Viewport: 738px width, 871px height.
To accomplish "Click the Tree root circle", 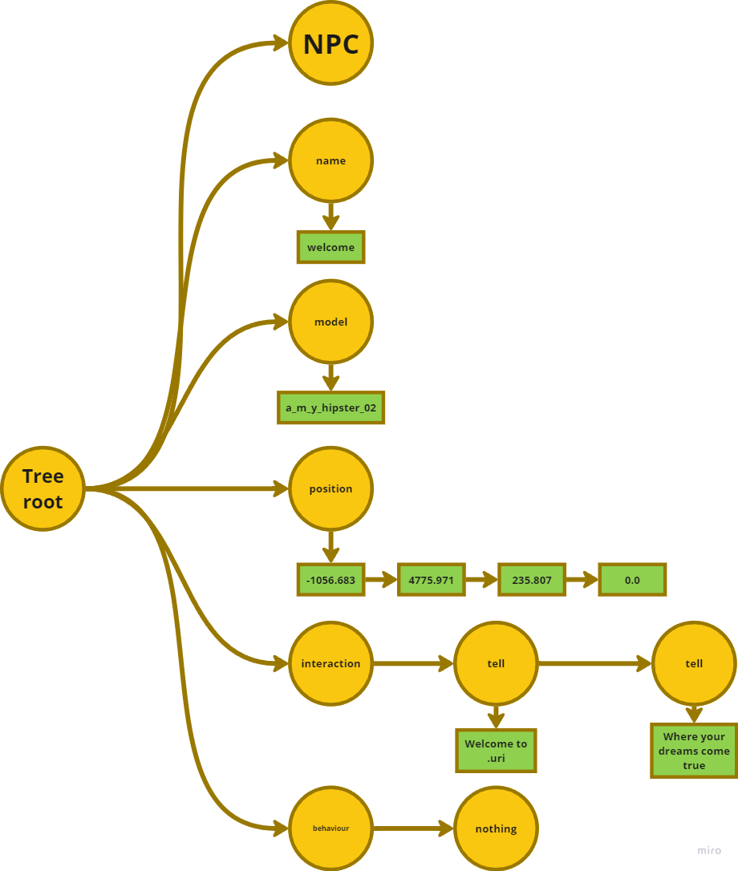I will (x=43, y=488).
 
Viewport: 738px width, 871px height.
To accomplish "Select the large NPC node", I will (x=330, y=43).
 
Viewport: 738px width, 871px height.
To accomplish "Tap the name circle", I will (x=330, y=160).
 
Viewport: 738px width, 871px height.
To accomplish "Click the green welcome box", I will (x=330, y=247).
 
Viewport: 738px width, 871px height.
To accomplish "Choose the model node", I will (x=330, y=322).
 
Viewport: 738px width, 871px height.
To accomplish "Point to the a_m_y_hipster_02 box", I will (x=330, y=407).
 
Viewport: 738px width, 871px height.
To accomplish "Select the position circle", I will (x=330, y=488).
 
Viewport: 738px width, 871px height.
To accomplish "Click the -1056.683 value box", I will (x=330, y=579).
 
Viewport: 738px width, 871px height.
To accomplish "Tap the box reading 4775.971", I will (x=432, y=579).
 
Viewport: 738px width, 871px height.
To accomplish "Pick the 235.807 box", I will (x=532, y=579).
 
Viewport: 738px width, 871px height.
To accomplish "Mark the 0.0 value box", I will (x=632, y=579).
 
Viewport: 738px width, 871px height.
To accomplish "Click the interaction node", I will (x=330, y=663).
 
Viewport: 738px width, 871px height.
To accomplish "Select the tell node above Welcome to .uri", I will (x=496, y=663).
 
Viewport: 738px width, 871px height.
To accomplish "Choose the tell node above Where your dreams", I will (x=694, y=663).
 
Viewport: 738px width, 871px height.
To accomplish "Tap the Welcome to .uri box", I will (x=496, y=751).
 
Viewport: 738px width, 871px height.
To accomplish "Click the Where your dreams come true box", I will (x=694, y=751).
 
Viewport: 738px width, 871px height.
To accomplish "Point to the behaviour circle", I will (x=330, y=828).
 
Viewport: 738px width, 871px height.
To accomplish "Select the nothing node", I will (x=496, y=828).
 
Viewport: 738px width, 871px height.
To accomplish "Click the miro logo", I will (x=709, y=850).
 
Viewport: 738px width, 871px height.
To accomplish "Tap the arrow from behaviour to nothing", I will (x=413, y=828).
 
